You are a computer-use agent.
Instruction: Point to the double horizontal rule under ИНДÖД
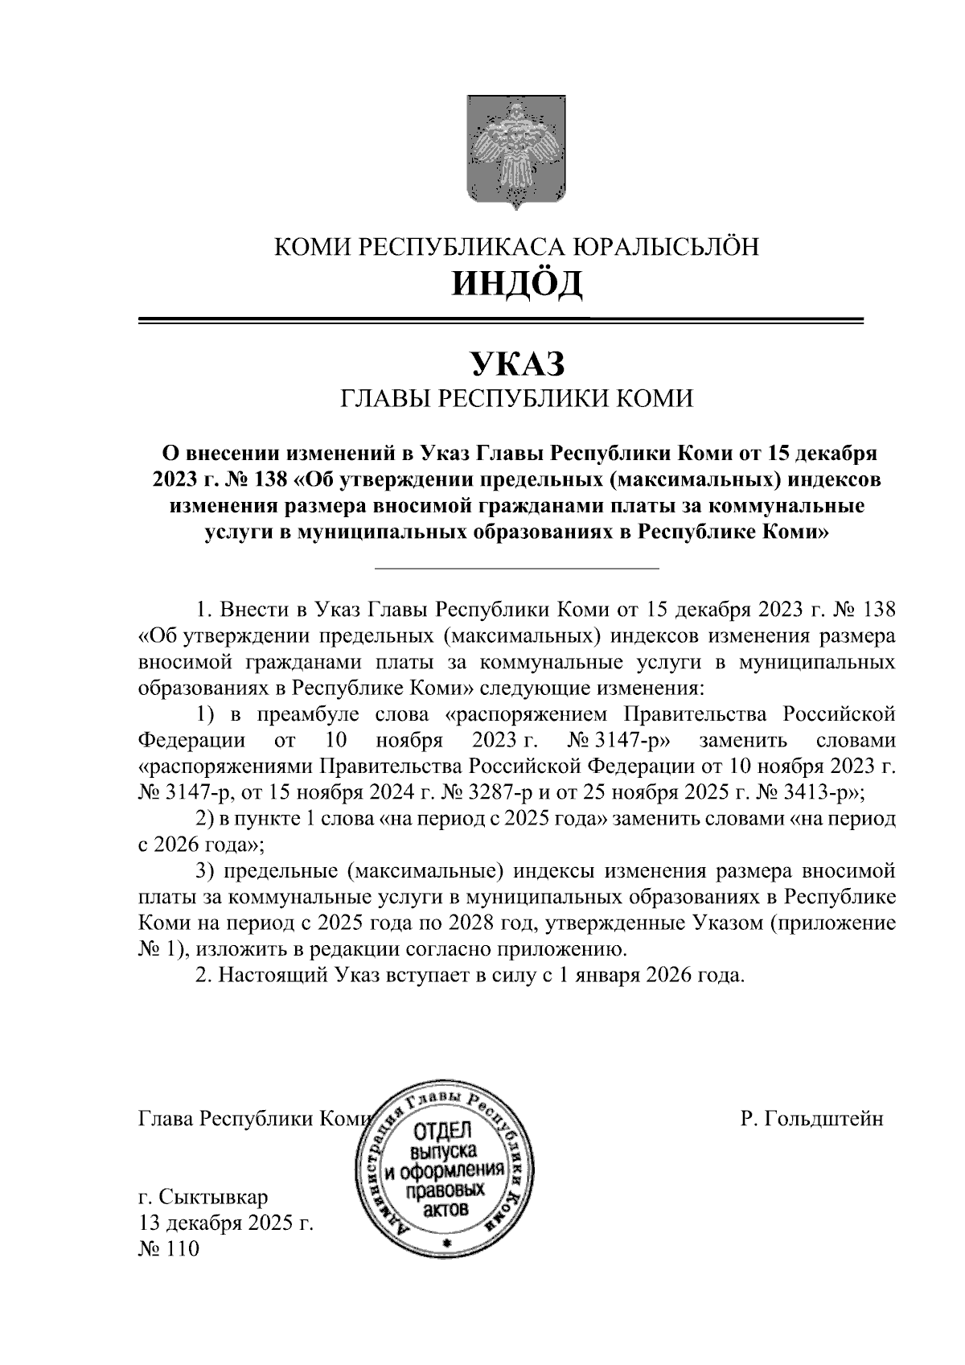500,321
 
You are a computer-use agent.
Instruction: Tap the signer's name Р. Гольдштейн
813,1119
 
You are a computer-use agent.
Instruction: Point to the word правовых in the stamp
445,1190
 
